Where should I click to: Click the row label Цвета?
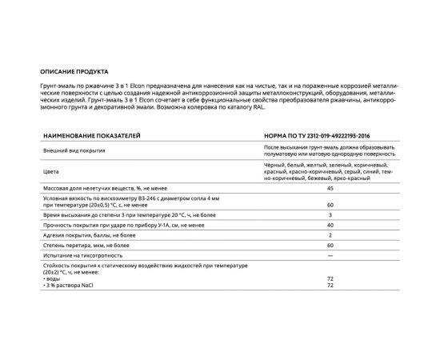[x=48, y=170]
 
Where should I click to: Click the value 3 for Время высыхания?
[x=330, y=216]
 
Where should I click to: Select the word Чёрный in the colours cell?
[x=274, y=163]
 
